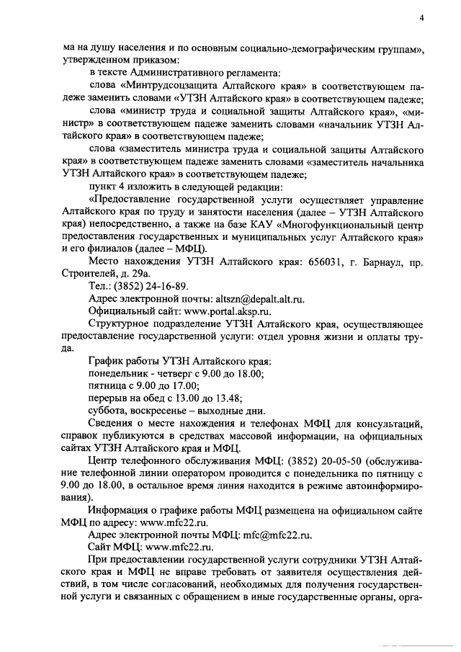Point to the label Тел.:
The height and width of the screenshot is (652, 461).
tap(102, 286)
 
